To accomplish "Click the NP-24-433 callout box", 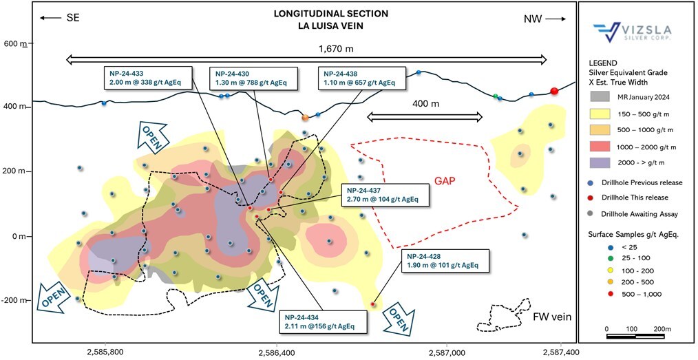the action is click(x=149, y=78).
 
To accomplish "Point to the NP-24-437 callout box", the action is click(x=385, y=194).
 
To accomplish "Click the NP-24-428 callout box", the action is click(x=445, y=261).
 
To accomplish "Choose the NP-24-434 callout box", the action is click(x=324, y=321).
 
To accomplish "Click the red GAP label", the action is click(x=446, y=182).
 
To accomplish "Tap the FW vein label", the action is click(x=552, y=317).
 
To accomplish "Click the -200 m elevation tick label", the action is click(x=14, y=300).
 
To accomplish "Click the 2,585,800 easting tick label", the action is click(x=105, y=352).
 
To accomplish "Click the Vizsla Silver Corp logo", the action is click(x=632, y=32).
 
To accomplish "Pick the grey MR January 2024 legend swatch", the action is click(x=601, y=96).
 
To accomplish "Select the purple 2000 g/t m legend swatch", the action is click(x=601, y=163).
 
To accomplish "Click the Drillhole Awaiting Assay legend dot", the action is click(x=602, y=213).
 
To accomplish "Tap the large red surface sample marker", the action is click(x=554, y=92).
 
